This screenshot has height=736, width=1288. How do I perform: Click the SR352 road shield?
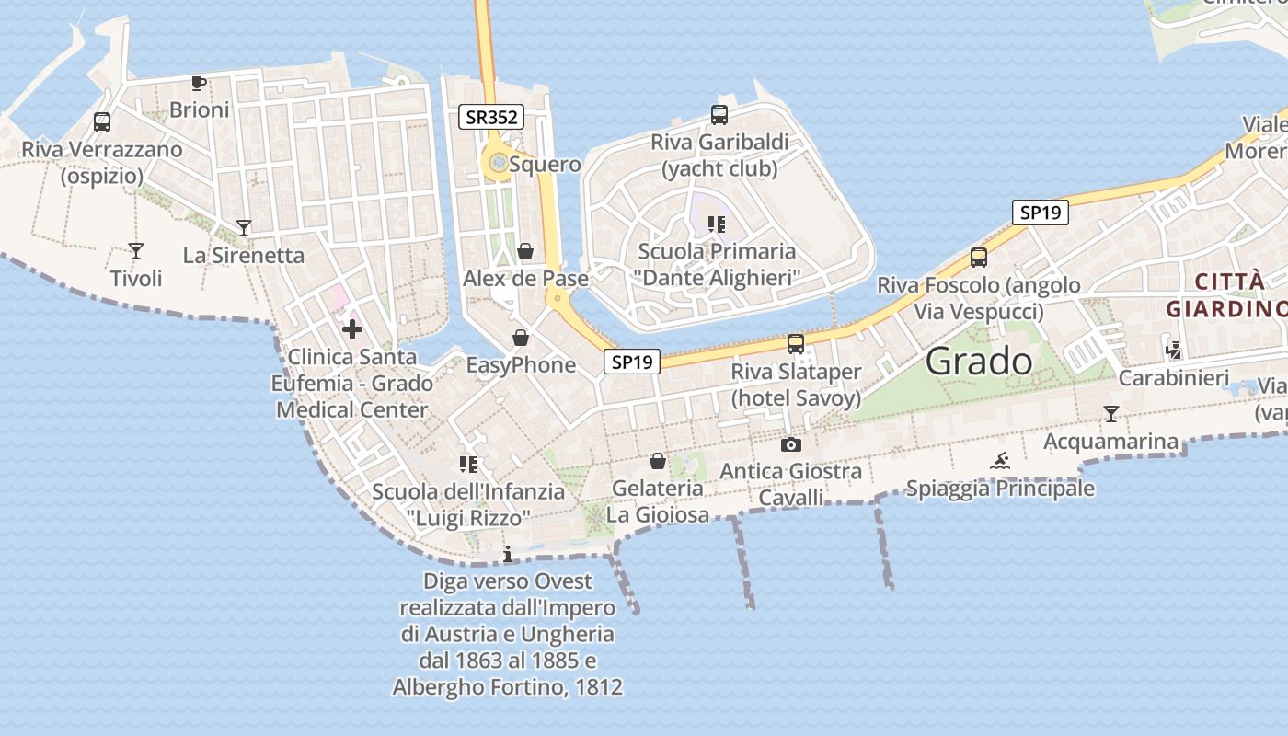tap(491, 117)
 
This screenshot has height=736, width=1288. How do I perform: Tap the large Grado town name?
tap(979, 362)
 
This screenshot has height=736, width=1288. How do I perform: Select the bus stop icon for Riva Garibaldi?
tap(719, 115)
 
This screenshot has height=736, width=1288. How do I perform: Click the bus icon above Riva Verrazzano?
tap(102, 121)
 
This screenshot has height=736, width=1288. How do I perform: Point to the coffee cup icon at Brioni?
tap(198, 84)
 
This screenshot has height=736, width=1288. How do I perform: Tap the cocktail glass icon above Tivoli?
tap(136, 250)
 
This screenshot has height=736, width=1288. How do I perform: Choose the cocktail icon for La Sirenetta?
tap(244, 227)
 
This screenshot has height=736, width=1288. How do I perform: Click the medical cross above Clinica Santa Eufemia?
tap(352, 328)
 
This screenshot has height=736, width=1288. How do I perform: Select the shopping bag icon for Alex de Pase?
tap(525, 250)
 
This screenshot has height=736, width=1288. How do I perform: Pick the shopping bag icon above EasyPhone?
tap(521, 338)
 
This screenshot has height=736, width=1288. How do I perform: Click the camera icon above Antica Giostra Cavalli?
tap(790, 445)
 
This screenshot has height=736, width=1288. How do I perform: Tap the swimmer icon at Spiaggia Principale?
tap(1000, 461)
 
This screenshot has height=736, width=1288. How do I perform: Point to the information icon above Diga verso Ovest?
tap(508, 554)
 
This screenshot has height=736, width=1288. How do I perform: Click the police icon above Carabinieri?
tap(1173, 350)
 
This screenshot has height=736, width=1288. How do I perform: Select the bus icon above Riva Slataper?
tap(796, 344)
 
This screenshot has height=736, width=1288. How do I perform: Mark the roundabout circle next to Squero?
tap(498, 164)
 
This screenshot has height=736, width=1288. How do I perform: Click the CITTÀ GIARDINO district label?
tap(1226, 294)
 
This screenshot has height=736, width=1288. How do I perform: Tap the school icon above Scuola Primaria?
tap(717, 224)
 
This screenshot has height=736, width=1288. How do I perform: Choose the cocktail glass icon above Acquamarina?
tap(1111, 414)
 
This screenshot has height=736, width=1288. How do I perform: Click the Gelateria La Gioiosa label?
tap(658, 500)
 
